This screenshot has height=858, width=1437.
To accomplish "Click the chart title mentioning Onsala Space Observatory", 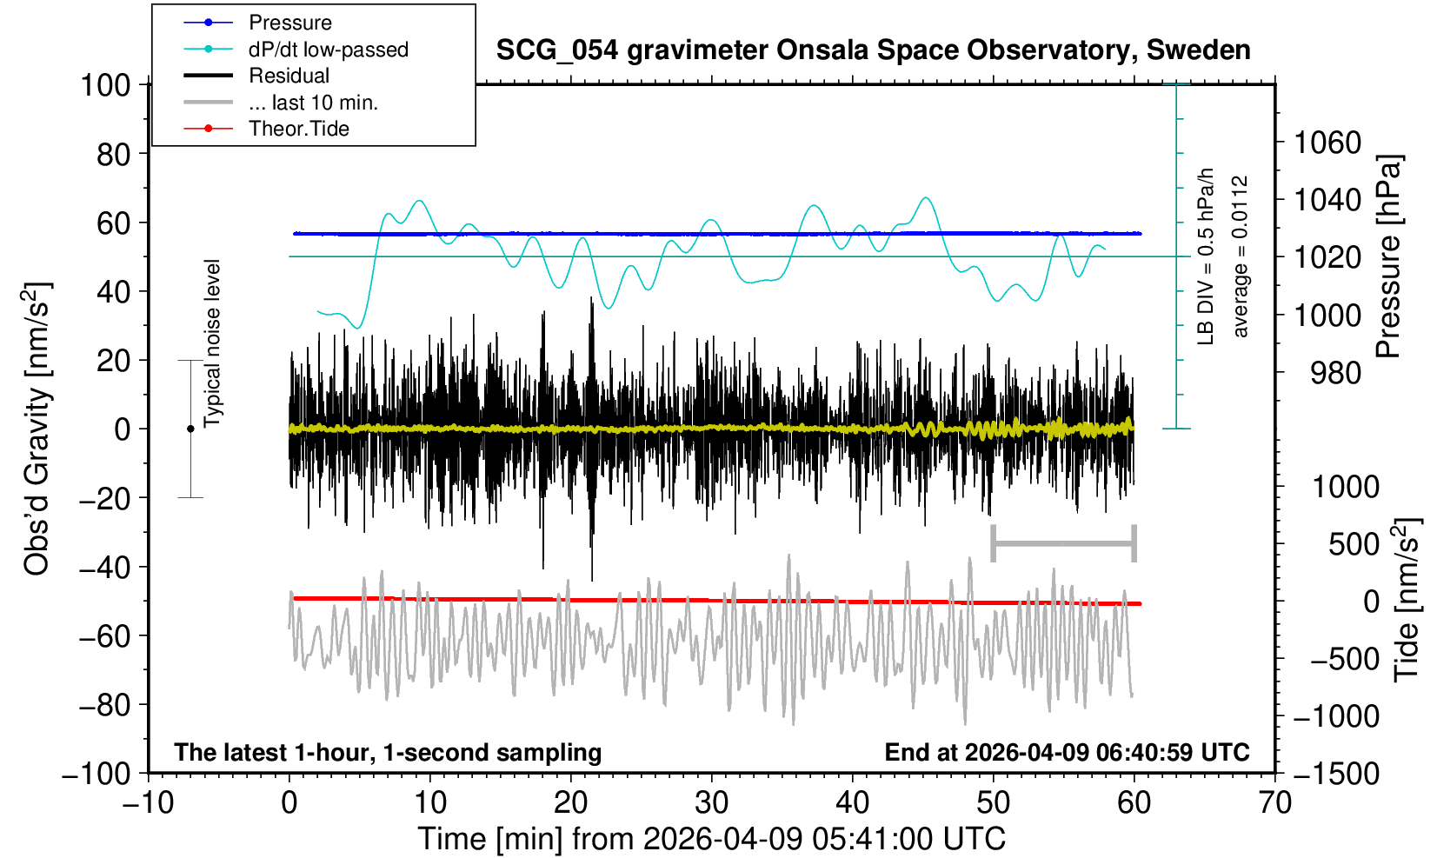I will point(873,50).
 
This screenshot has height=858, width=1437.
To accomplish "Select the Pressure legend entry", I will point(289,23).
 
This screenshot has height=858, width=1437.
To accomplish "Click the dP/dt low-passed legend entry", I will point(328,50).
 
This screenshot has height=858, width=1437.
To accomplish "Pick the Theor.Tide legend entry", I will point(298,129).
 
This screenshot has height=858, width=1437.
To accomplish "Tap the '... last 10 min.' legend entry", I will point(312,103).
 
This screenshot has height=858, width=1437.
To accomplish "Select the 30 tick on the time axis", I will point(711,801).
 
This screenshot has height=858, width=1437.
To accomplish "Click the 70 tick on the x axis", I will point(1274,801).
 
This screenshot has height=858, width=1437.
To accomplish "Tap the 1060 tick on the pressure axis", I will point(1327,142).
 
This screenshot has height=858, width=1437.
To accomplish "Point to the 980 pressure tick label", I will point(1335,373).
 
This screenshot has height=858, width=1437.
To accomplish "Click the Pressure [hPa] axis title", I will point(1389,256).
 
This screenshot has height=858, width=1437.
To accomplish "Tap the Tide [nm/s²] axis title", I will point(1407,600).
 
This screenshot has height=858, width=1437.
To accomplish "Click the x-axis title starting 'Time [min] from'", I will point(711,839).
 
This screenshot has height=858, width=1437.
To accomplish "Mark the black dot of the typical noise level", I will point(190,429).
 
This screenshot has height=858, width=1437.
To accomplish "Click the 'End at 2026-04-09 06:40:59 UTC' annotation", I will point(1067,752).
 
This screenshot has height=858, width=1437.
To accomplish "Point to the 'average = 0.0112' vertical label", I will point(1241,256).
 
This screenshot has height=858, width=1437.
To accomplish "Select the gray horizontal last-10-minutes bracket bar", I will point(1063,544).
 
